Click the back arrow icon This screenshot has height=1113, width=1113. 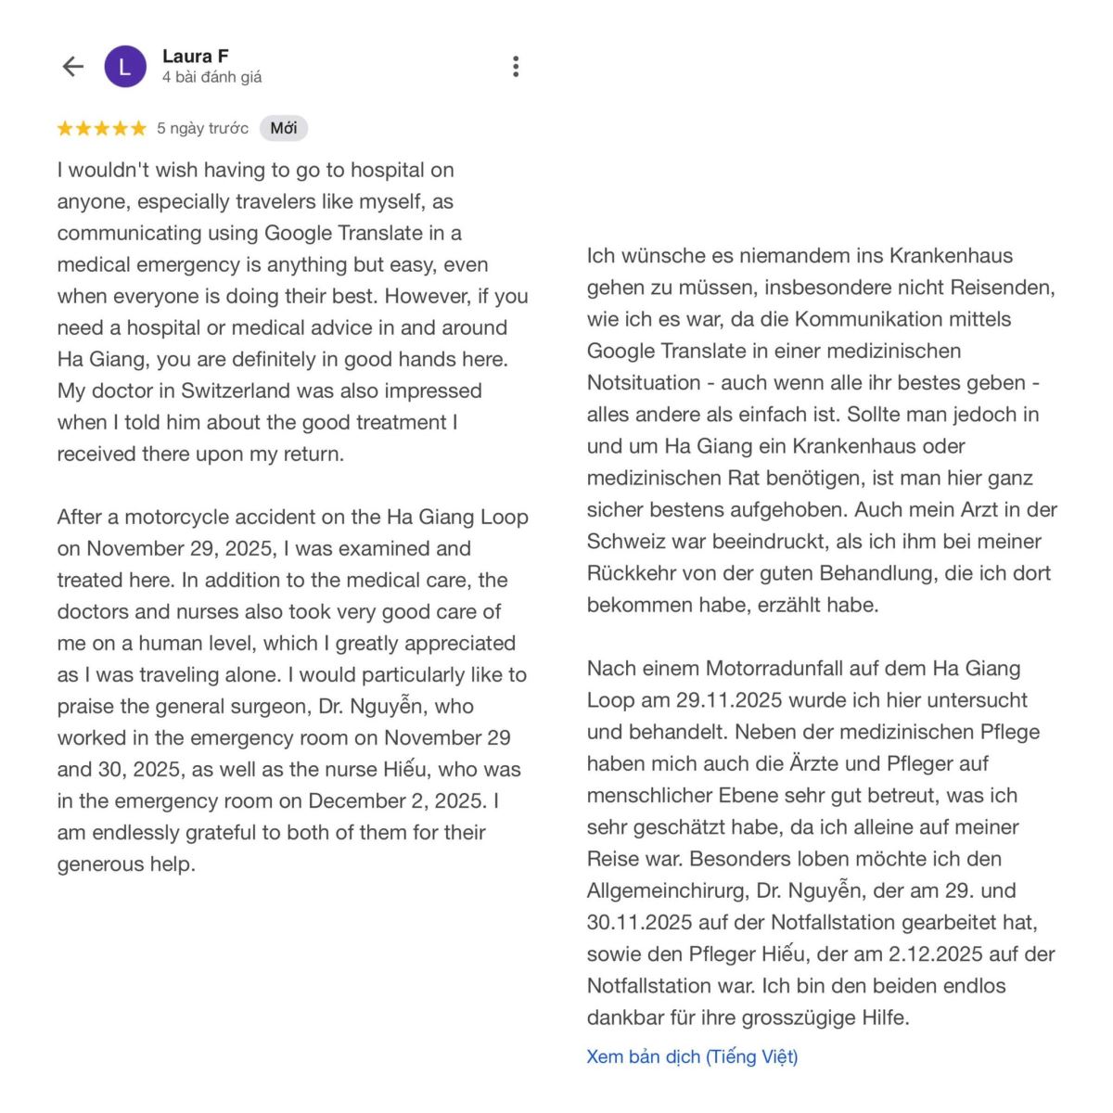(x=73, y=67)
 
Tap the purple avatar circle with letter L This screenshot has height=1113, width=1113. (x=125, y=67)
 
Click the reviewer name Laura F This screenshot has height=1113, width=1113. (x=195, y=56)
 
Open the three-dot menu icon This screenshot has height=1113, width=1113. (x=516, y=67)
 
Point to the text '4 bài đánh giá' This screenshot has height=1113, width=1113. (x=211, y=78)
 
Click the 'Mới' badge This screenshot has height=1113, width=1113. (x=284, y=128)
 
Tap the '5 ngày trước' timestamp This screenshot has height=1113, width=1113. (x=202, y=128)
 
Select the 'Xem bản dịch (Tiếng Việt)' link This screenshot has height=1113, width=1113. (x=692, y=1056)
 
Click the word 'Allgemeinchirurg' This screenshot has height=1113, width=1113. (x=667, y=890)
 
